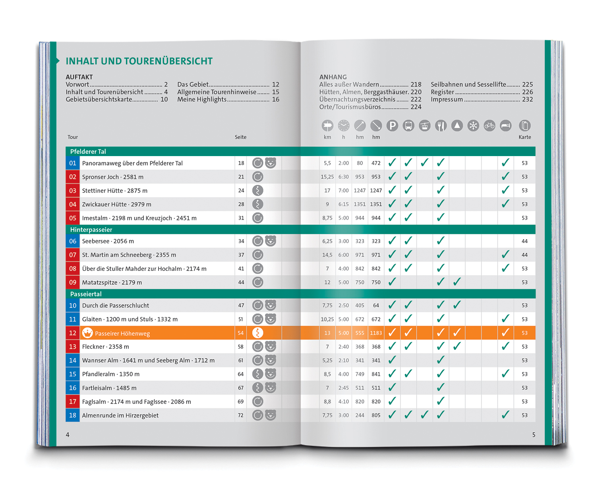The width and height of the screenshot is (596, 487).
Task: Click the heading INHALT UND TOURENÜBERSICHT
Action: [x=139, y=61]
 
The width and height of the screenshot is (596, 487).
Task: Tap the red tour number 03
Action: [x=73, y=191]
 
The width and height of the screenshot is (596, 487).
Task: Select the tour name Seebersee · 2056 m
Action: [x=108, y=241]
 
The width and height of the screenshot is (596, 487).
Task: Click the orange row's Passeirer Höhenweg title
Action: [x=122, y=334]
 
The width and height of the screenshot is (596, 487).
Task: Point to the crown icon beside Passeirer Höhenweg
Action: [x=87, y=333]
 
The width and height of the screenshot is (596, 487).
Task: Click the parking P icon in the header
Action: [x=392, y=126]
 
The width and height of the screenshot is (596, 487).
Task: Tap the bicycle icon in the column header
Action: [x=490, y=126]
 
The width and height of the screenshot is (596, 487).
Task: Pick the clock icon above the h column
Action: [x=344, y=126]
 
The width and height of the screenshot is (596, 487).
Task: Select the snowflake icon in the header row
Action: [x=473, y=126]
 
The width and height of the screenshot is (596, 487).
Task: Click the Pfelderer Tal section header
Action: [x=88, y=151]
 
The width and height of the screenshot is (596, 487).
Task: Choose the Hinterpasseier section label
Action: [x=91, y=230]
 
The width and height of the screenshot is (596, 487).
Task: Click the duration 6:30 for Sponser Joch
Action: [x=344, y=177]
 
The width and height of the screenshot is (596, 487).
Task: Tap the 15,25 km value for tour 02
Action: [x=327, y=177]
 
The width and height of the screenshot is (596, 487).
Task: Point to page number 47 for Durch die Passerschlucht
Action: [x=241, y=305]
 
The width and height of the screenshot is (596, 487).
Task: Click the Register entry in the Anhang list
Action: [x=442, y=92]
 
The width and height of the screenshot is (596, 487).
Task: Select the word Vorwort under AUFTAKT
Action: [x=77, y=85]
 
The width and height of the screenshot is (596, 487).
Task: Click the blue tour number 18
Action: [x=73, y=415]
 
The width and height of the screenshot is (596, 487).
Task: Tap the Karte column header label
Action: [x=524, y=137]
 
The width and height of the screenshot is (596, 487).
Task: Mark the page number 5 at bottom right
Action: [x=534, y=435]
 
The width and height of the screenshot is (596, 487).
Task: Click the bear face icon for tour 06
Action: [x=271, y=241]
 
